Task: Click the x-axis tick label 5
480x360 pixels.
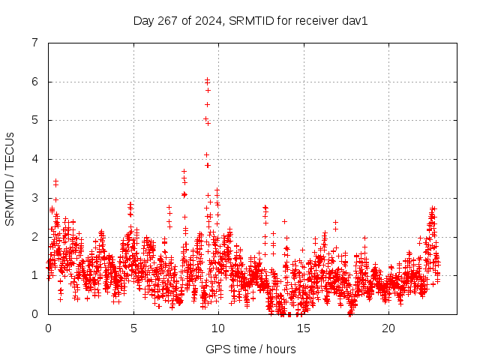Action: coord(133,328)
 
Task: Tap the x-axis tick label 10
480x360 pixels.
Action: coord(218,328)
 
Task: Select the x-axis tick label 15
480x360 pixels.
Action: coord(304,328)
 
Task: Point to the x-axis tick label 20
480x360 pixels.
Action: coord(388,328)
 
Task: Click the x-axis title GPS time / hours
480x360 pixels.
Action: coord(250,349)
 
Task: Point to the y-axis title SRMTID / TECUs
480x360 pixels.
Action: coord(10,178)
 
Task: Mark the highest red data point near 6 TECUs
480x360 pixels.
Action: coord(207,79)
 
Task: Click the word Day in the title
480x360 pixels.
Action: coord(144,20)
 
